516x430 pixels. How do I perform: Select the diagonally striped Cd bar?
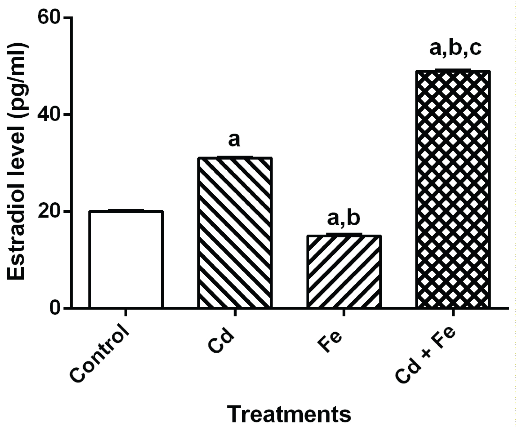click(x=235, y=232)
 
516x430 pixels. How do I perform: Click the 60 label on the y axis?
click(x=51, y=17)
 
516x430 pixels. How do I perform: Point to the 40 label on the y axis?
click(x=51, y=114)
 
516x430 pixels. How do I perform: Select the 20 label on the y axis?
click(x=51, y=211)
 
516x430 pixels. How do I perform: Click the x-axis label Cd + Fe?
click(x=426, y=354)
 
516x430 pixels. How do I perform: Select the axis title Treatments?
click(x=290, y=414)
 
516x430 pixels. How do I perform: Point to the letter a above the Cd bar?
click(x=234, y=140)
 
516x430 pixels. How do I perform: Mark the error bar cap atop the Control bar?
click(x=126, y=210)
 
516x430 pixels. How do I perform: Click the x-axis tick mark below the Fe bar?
click(x=344, y=312)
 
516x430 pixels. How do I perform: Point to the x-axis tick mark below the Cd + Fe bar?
click(x=453, y=312)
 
